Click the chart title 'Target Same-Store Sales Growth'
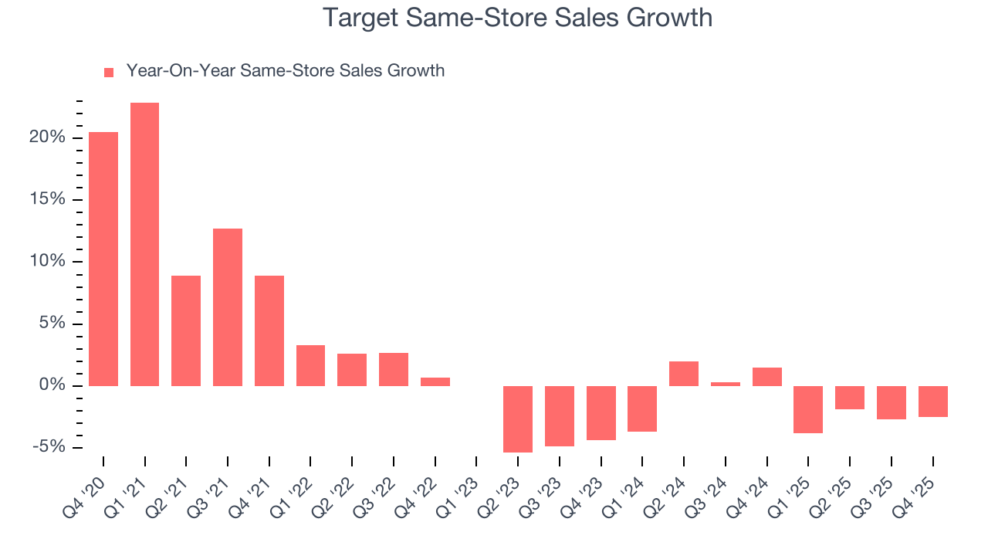[x=517, y=17]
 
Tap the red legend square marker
[x=109, y=72]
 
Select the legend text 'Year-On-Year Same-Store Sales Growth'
[x=285, y=71]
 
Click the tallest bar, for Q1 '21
[x=145, y=244]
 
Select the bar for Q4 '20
[x=103, y=259]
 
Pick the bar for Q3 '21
[x=228, y=307]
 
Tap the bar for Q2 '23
[x=518, y=419]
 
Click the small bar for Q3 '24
[x=726, y=384]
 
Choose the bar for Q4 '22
[x=435, y=381]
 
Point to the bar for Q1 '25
[x=808, y=409]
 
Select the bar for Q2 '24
[x=684, y=374]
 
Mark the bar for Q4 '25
[x=933, y=402]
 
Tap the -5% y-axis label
[x=52, y=447]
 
